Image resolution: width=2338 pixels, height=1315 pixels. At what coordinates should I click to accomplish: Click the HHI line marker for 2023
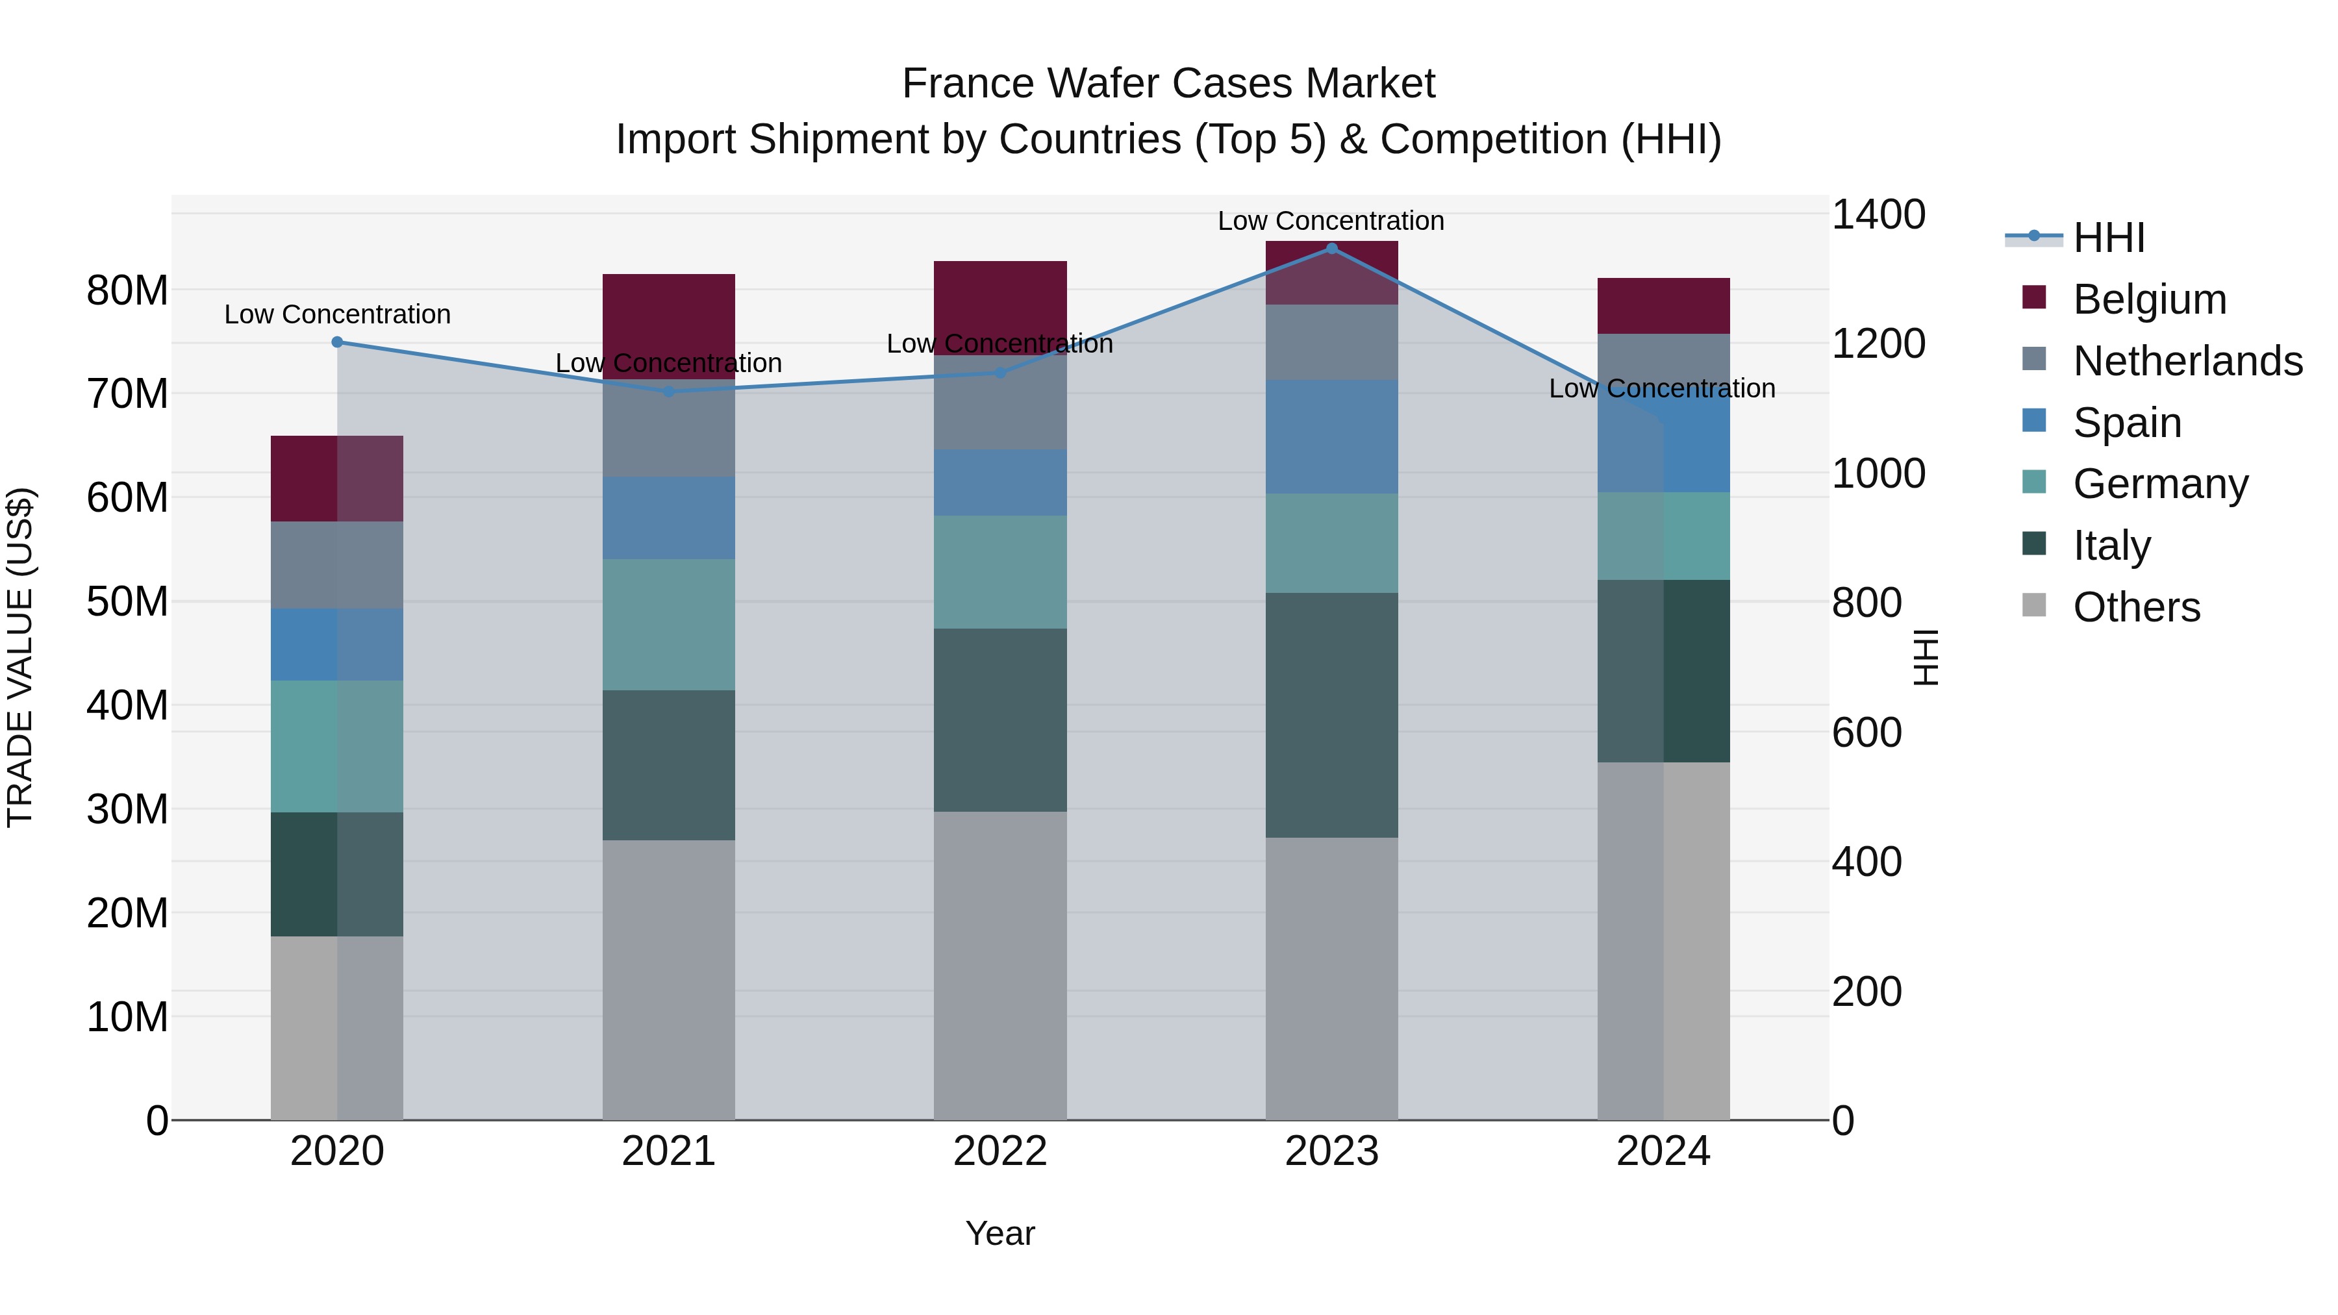point(1331,248)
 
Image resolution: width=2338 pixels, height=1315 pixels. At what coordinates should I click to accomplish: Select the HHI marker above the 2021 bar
point(669,391)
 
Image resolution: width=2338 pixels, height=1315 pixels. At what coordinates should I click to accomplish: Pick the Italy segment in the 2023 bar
point(1331,715)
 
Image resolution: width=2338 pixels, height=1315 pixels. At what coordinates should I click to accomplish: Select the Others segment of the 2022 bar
point(1000,965)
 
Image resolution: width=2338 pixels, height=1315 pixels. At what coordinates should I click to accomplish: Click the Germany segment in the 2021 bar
point(669,624)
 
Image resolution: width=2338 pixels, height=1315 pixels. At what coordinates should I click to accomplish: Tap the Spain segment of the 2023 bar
point(1331,436)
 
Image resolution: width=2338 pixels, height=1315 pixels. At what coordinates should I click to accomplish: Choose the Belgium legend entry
point(2149,299)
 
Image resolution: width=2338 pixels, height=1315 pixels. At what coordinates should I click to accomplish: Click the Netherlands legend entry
point(2187,361)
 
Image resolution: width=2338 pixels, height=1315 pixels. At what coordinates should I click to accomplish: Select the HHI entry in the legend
point(2108,238)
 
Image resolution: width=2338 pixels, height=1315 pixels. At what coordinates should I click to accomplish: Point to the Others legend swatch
point(2034,605)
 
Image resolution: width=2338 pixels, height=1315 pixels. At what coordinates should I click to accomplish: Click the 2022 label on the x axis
point(1000,1151)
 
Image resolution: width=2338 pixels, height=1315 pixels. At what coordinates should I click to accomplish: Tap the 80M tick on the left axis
point(127,292)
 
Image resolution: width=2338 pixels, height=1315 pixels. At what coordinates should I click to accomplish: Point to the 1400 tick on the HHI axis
point(1878,215)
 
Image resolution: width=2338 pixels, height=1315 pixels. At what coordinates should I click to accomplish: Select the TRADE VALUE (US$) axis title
point(21,657)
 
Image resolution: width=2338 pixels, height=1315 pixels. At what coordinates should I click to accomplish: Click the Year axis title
point(1000,1233)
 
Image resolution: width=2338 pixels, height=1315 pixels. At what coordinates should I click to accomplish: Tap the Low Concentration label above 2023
point(1331,221)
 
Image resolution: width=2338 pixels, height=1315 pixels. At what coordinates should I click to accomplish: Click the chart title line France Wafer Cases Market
point(1168,84)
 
